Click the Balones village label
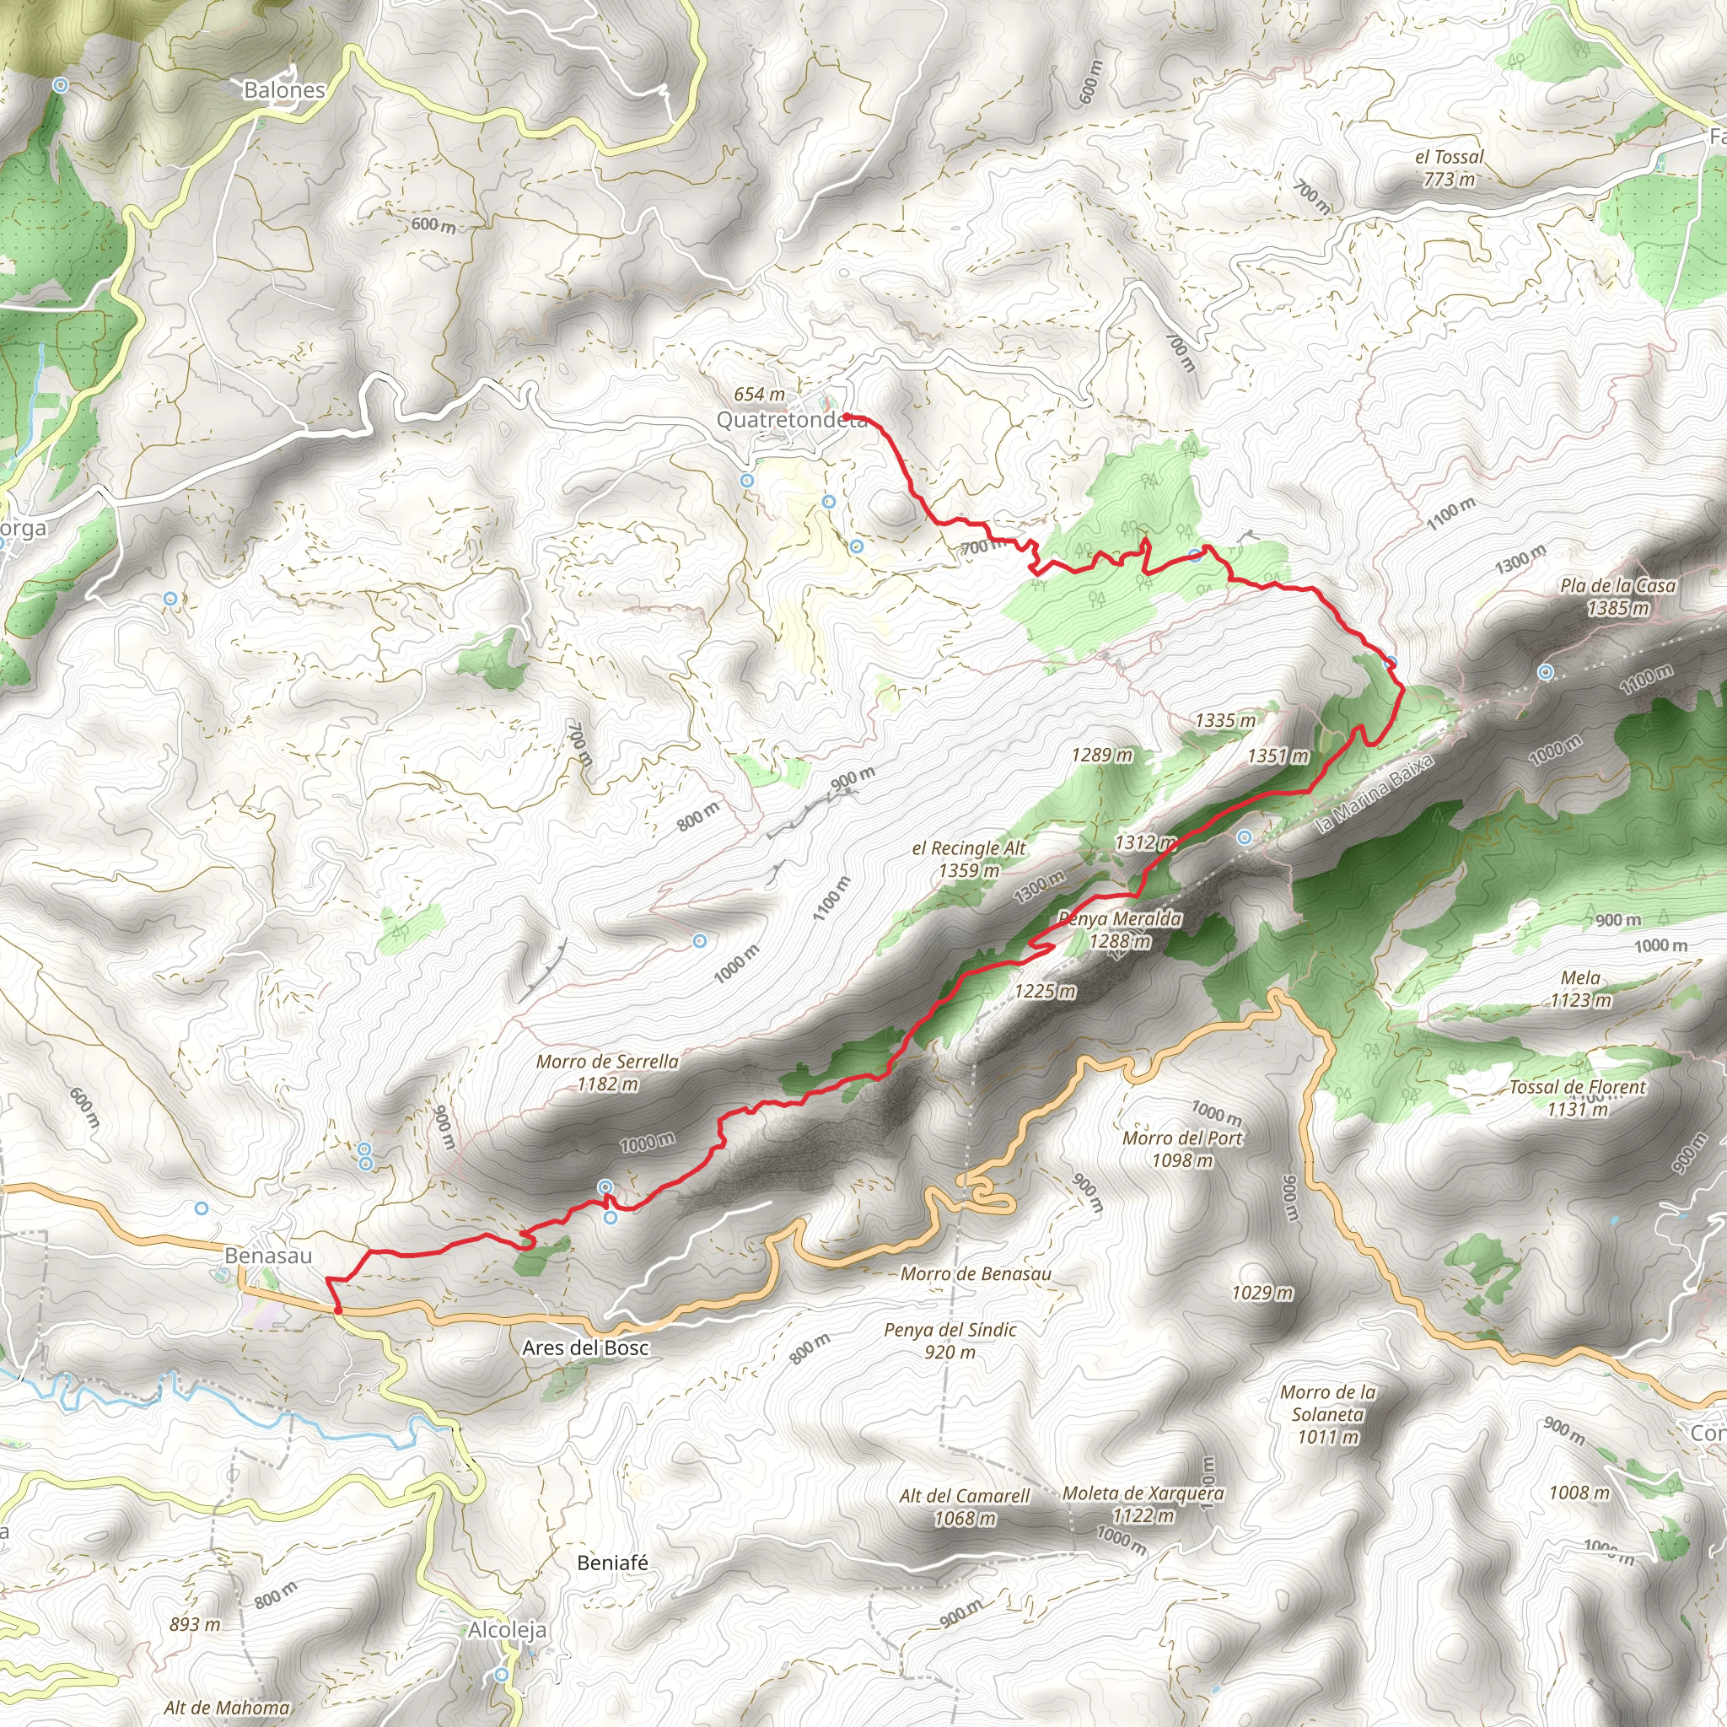coord(284,90)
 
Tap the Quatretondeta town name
coord(790,419)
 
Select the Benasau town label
coord(268,1255)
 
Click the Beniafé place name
coord(612,1563)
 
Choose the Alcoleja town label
coord(508,1629)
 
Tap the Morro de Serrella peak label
coord(607,1061)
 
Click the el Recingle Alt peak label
coord(969,848)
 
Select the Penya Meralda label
coord(1120,919)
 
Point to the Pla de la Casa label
coord(1618,585)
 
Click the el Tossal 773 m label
coord(1449,167)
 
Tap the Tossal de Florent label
coord(1577,1087)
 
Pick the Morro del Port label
coord(1181,1138)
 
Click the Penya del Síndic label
coord(950,1329)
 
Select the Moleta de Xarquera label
coord(1143,1493)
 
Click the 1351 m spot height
coord(1278,756)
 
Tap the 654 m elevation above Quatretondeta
coord(759,394)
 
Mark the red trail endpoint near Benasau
coord(338,1310)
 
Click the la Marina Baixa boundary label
coord(1375,793)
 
